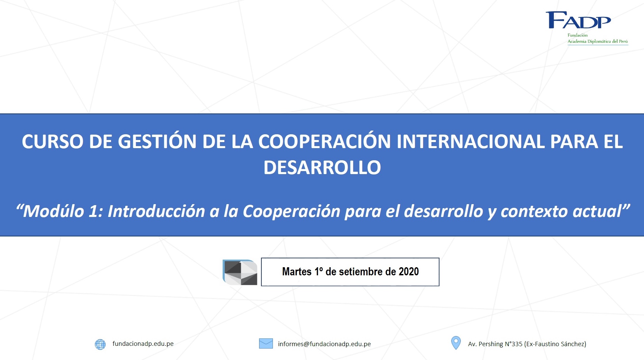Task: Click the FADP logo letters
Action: pos(578,20)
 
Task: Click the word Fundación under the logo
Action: pos(578,35)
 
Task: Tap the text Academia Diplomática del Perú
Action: pos(598,41)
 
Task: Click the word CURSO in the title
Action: pos(53,141)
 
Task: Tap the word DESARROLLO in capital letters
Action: pos(322,167)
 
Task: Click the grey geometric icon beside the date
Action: pos(240,272)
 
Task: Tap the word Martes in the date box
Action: pos(297,272)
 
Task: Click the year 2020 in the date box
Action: pos(409,272)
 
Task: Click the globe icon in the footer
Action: pos(100,344)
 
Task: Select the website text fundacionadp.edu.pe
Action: pos(143,344)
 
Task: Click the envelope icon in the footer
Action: pos(266,343)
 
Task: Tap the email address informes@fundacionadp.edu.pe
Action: pos(324,344)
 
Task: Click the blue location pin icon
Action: pos(456,342)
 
